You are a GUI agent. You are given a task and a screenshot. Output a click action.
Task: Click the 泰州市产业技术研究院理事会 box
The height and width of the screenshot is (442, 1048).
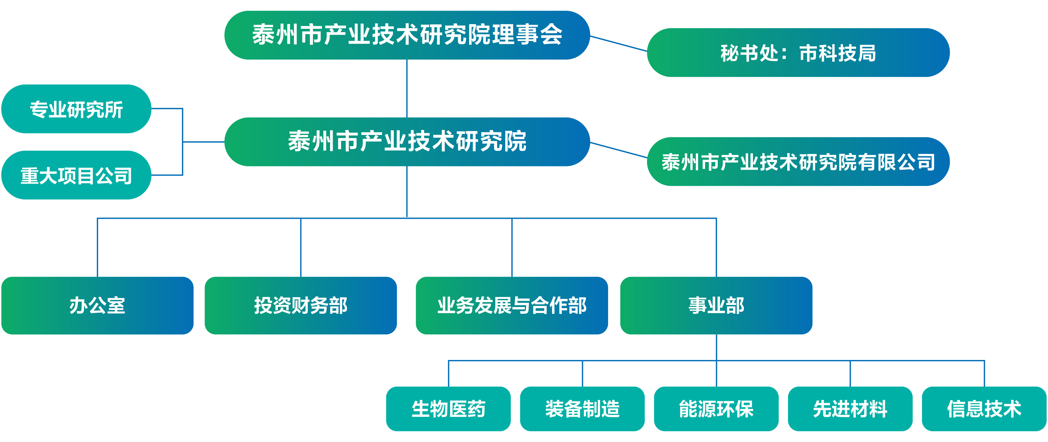tap(407, 35)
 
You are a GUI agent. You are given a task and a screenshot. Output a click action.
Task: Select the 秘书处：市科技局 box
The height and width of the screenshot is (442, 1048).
tap(798, 52)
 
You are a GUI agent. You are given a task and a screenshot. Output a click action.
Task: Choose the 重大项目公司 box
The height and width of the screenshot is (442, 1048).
tap(76, 175)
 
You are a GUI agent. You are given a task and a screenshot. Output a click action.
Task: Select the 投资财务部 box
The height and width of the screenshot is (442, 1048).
tap(301, 305)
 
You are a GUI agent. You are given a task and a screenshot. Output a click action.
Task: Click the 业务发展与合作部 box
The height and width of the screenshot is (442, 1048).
tap(512, 305)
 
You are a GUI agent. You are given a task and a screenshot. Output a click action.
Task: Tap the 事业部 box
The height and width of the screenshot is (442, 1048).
tap(716, 305)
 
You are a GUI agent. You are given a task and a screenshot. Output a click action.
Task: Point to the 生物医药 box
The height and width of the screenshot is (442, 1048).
tap(448, 409)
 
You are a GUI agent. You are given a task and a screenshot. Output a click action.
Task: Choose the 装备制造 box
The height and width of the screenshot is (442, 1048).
tap(582, 409)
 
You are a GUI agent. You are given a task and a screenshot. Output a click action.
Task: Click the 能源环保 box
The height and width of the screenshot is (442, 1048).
tap(716, 409)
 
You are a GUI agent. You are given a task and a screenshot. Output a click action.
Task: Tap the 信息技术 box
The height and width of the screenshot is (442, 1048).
tap(984, 409)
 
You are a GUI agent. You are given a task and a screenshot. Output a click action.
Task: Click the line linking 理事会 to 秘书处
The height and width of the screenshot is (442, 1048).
tap(618, 44)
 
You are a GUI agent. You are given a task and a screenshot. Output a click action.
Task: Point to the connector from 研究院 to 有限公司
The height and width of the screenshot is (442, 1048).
tap(618, 150)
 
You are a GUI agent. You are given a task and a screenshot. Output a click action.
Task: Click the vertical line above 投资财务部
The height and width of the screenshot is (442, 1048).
tap(301, 248)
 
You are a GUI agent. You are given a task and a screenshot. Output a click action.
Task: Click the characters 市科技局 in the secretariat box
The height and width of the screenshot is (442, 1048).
tap(838, 53)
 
